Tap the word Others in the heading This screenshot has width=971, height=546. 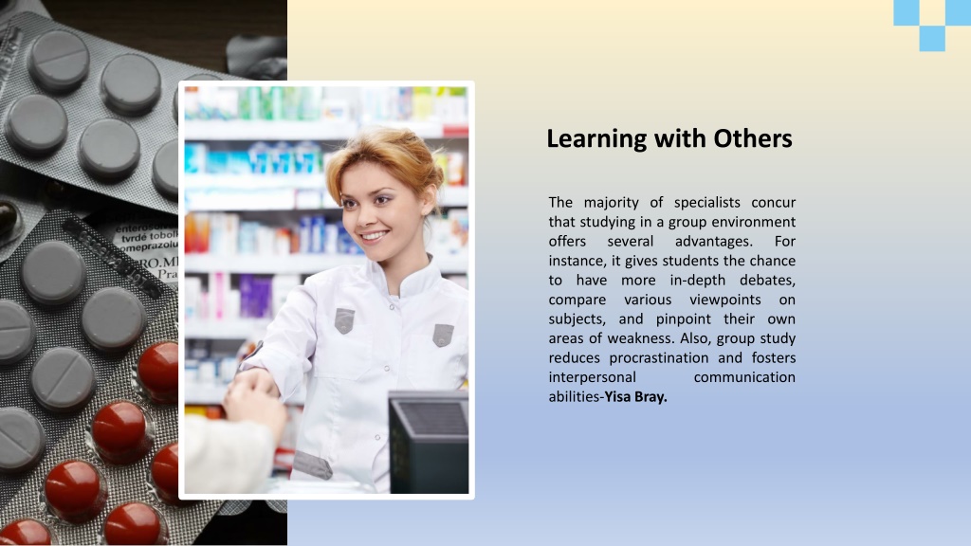coord(752,138)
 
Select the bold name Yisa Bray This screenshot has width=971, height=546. coord(636,397)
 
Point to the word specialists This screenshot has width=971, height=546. coord(706,203)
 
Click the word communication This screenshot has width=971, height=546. coord(744,377)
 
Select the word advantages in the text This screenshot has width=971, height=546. coord(713,242)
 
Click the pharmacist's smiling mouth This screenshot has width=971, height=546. coord(374,235)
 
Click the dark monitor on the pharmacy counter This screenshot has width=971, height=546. coord(429,442)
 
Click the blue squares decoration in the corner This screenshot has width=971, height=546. coord(932,25)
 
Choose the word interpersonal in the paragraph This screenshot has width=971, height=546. coord(592,377)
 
